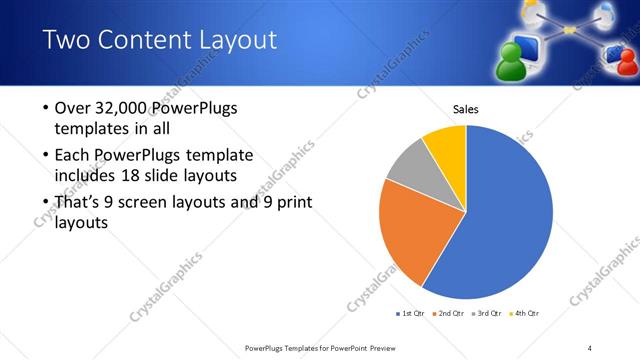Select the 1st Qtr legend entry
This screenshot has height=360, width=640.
point(411,314)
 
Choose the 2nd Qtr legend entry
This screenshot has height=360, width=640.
point(449,314)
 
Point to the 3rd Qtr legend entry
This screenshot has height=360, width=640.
point(487,314)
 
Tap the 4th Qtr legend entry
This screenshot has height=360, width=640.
point(525,314)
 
